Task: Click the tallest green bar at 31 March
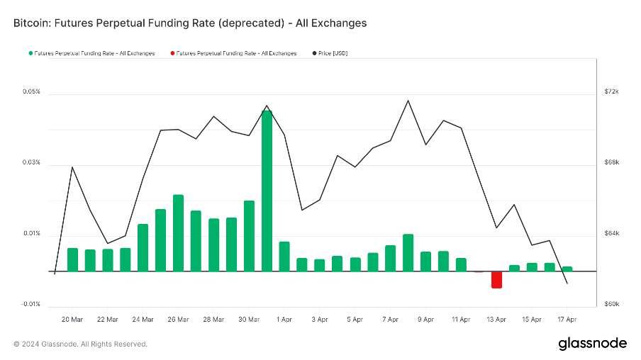click(x=267, y=190)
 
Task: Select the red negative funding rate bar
click(x=496, y=279)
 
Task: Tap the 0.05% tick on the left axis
click(x=31, y=92)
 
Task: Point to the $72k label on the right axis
click(x=612, y=92)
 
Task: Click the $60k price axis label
click(x=612, y=304)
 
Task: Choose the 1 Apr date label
click(x=284, y=320)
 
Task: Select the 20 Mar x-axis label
click(x=72, y=320)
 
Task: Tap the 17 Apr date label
click(x=567, y=320)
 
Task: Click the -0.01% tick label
click(x=30, y=304)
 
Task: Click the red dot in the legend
click(x=172, y=53)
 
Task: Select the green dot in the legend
click(x=30, y=53)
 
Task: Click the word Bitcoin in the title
click(x=33, y=23)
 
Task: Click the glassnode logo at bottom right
click(x=593, y=344)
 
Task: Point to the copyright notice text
click(x=80, y=344)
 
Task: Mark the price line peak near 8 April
click(x=408, y=101)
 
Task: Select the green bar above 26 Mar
click(x=178, y=232)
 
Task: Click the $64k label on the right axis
click(x=612, y=234)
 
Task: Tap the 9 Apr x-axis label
click(x=425, y=320)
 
